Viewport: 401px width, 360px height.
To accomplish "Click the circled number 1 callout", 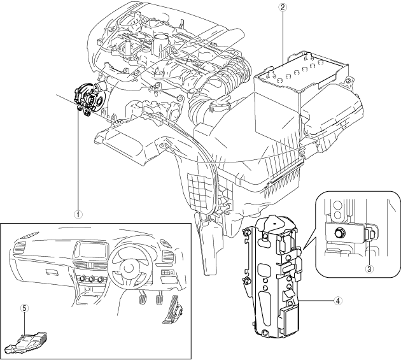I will click(x=77, y=214).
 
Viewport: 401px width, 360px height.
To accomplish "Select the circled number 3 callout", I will click(x=369, y=268).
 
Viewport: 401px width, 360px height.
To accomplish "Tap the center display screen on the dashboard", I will click(x=90, y=250).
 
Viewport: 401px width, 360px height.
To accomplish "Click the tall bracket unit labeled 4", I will click(x=274, y=274).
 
